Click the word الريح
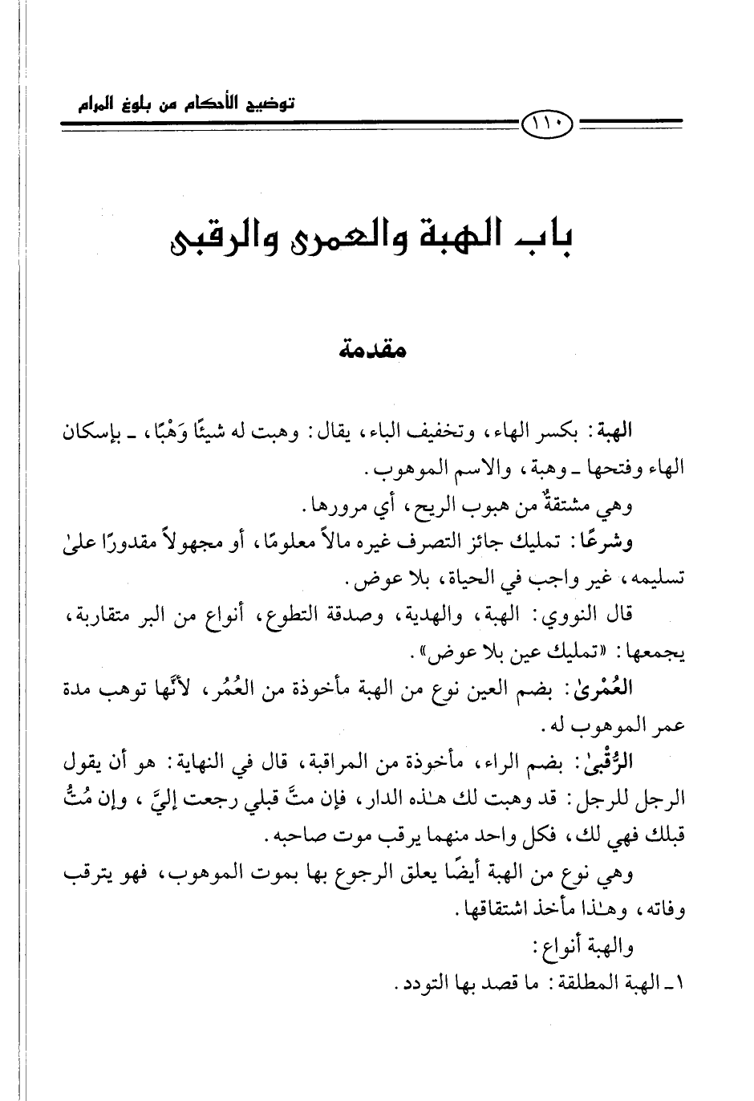[411, 506]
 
